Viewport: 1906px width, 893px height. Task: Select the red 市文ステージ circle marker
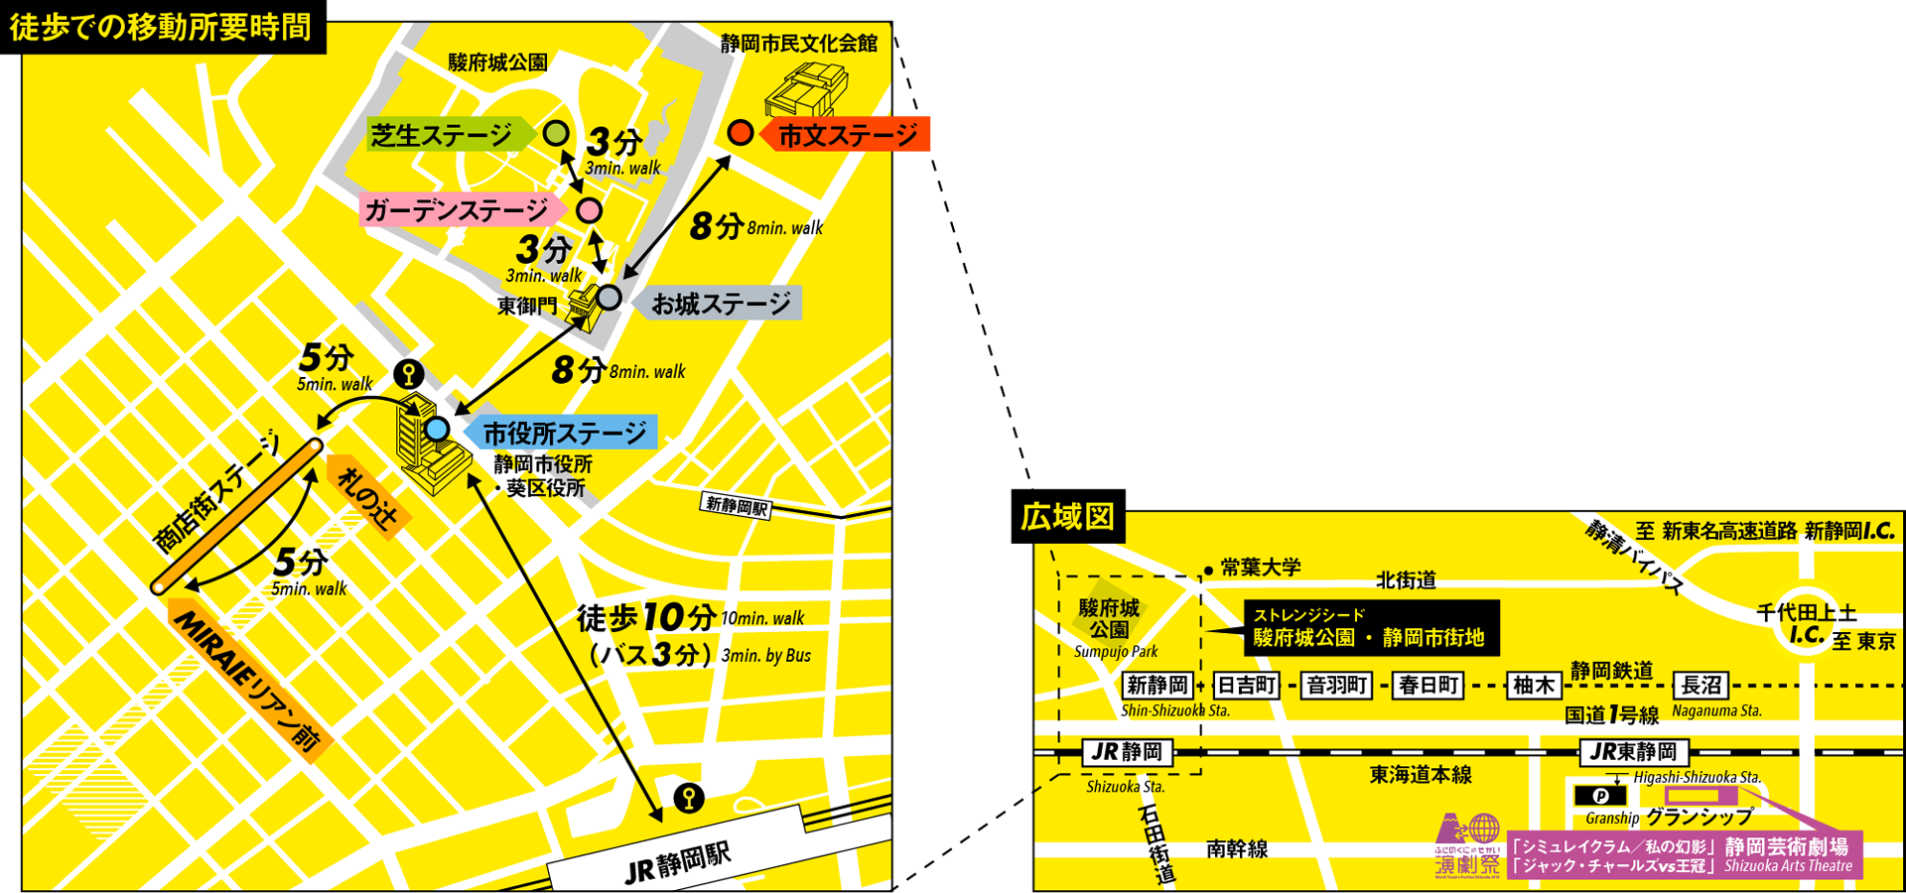coord(741,132)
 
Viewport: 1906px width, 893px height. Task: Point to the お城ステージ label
coord(722,304)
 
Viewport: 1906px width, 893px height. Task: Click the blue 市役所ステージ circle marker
coord(437,430)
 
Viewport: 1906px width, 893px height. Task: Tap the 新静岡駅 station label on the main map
coord(737,506)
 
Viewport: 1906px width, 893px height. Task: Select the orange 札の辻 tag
coord(367,497)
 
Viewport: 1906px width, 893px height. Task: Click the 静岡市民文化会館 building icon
coord(805,89)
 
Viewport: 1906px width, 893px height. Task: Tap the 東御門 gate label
coord(527,306)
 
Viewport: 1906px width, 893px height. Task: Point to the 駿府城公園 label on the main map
coord(497,63)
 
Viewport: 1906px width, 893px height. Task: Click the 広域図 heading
coord(1068,517)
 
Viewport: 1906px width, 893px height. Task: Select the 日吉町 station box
coord(1247,686)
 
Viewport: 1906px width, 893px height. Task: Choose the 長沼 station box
coord(1701,686)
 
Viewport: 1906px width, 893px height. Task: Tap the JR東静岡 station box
coord(1633,752)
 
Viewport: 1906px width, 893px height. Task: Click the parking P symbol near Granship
coord(1599,796)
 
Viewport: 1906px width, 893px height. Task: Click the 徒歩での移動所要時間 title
coord(161,27)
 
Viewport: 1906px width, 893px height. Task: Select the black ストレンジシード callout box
coord(1370,628)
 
